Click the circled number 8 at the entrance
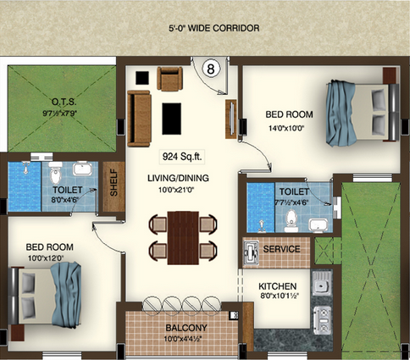tap(211, 69)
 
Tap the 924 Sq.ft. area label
tap(182, 157)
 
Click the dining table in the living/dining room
tap(183, 238)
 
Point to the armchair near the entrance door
tap(169, 79)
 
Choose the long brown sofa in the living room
tap(139, 119)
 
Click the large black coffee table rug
tap(171, 119)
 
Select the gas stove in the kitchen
tap(322, 320)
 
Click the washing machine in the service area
tap(251, 252)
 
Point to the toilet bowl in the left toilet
tap(55, 173)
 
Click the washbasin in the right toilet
tap(319, 225)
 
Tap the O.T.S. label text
tap(60, 102)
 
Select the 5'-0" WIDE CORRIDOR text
tap(214, 28)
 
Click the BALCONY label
tap(186, 328)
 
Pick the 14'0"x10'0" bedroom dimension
tap(286, 129)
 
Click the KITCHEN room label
tap(278, 286)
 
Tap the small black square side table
tap(142, 78)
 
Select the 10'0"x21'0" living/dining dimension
tap(176, 190)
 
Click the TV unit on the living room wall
tap(230, 119)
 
